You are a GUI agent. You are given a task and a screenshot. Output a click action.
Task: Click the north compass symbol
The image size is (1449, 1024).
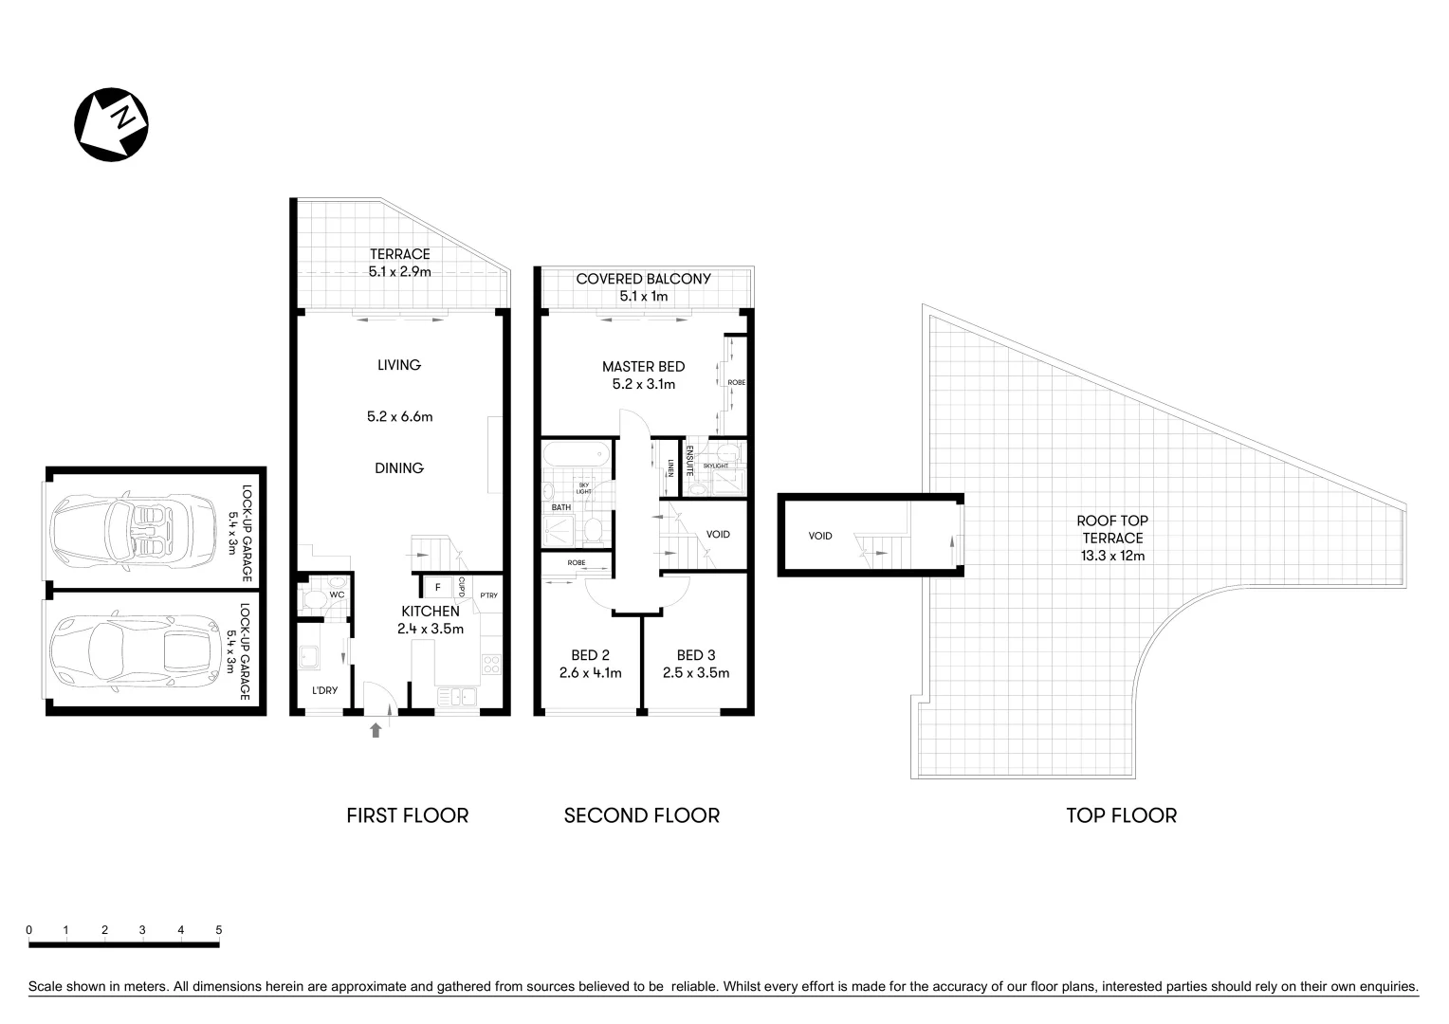[x=112, y=124]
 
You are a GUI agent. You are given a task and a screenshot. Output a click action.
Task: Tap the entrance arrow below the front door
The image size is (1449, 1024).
[x=376, y=729]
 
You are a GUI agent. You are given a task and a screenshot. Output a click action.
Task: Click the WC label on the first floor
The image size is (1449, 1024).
[x=336, y=595]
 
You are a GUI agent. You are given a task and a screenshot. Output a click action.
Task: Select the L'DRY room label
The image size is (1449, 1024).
[x=324, y=690]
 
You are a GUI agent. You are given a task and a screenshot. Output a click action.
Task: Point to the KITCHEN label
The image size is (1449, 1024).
[x=430, y=612]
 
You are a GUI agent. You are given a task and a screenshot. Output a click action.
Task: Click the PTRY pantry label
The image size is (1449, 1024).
[x=488, y=595]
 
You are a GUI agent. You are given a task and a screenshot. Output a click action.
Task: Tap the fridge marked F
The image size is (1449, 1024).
[x=437, y=587]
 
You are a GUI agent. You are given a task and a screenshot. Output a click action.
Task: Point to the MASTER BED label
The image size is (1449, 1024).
[x=643, y=367]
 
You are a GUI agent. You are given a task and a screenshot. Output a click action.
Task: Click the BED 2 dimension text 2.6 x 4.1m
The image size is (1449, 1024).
[x=590, y=673]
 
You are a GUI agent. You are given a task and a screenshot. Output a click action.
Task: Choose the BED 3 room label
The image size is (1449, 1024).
[x=695, y=655]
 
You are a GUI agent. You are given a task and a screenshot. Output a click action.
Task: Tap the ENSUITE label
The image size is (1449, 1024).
[x=689, y=460]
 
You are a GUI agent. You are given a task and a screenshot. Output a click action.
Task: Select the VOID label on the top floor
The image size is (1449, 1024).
[x=820, y=536]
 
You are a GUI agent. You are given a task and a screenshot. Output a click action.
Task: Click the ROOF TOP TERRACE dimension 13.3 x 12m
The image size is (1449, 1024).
[x=1112, y=556]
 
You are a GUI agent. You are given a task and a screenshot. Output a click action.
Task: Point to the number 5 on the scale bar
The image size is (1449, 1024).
[x=219, y=930]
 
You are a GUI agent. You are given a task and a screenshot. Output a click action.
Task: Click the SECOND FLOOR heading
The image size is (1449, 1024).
[x=641, y=815]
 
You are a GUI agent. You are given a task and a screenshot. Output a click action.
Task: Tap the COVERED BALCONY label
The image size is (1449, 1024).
[x=643, y=279]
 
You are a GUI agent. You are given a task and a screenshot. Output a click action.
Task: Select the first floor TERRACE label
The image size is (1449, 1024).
[x=399, y=254]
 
